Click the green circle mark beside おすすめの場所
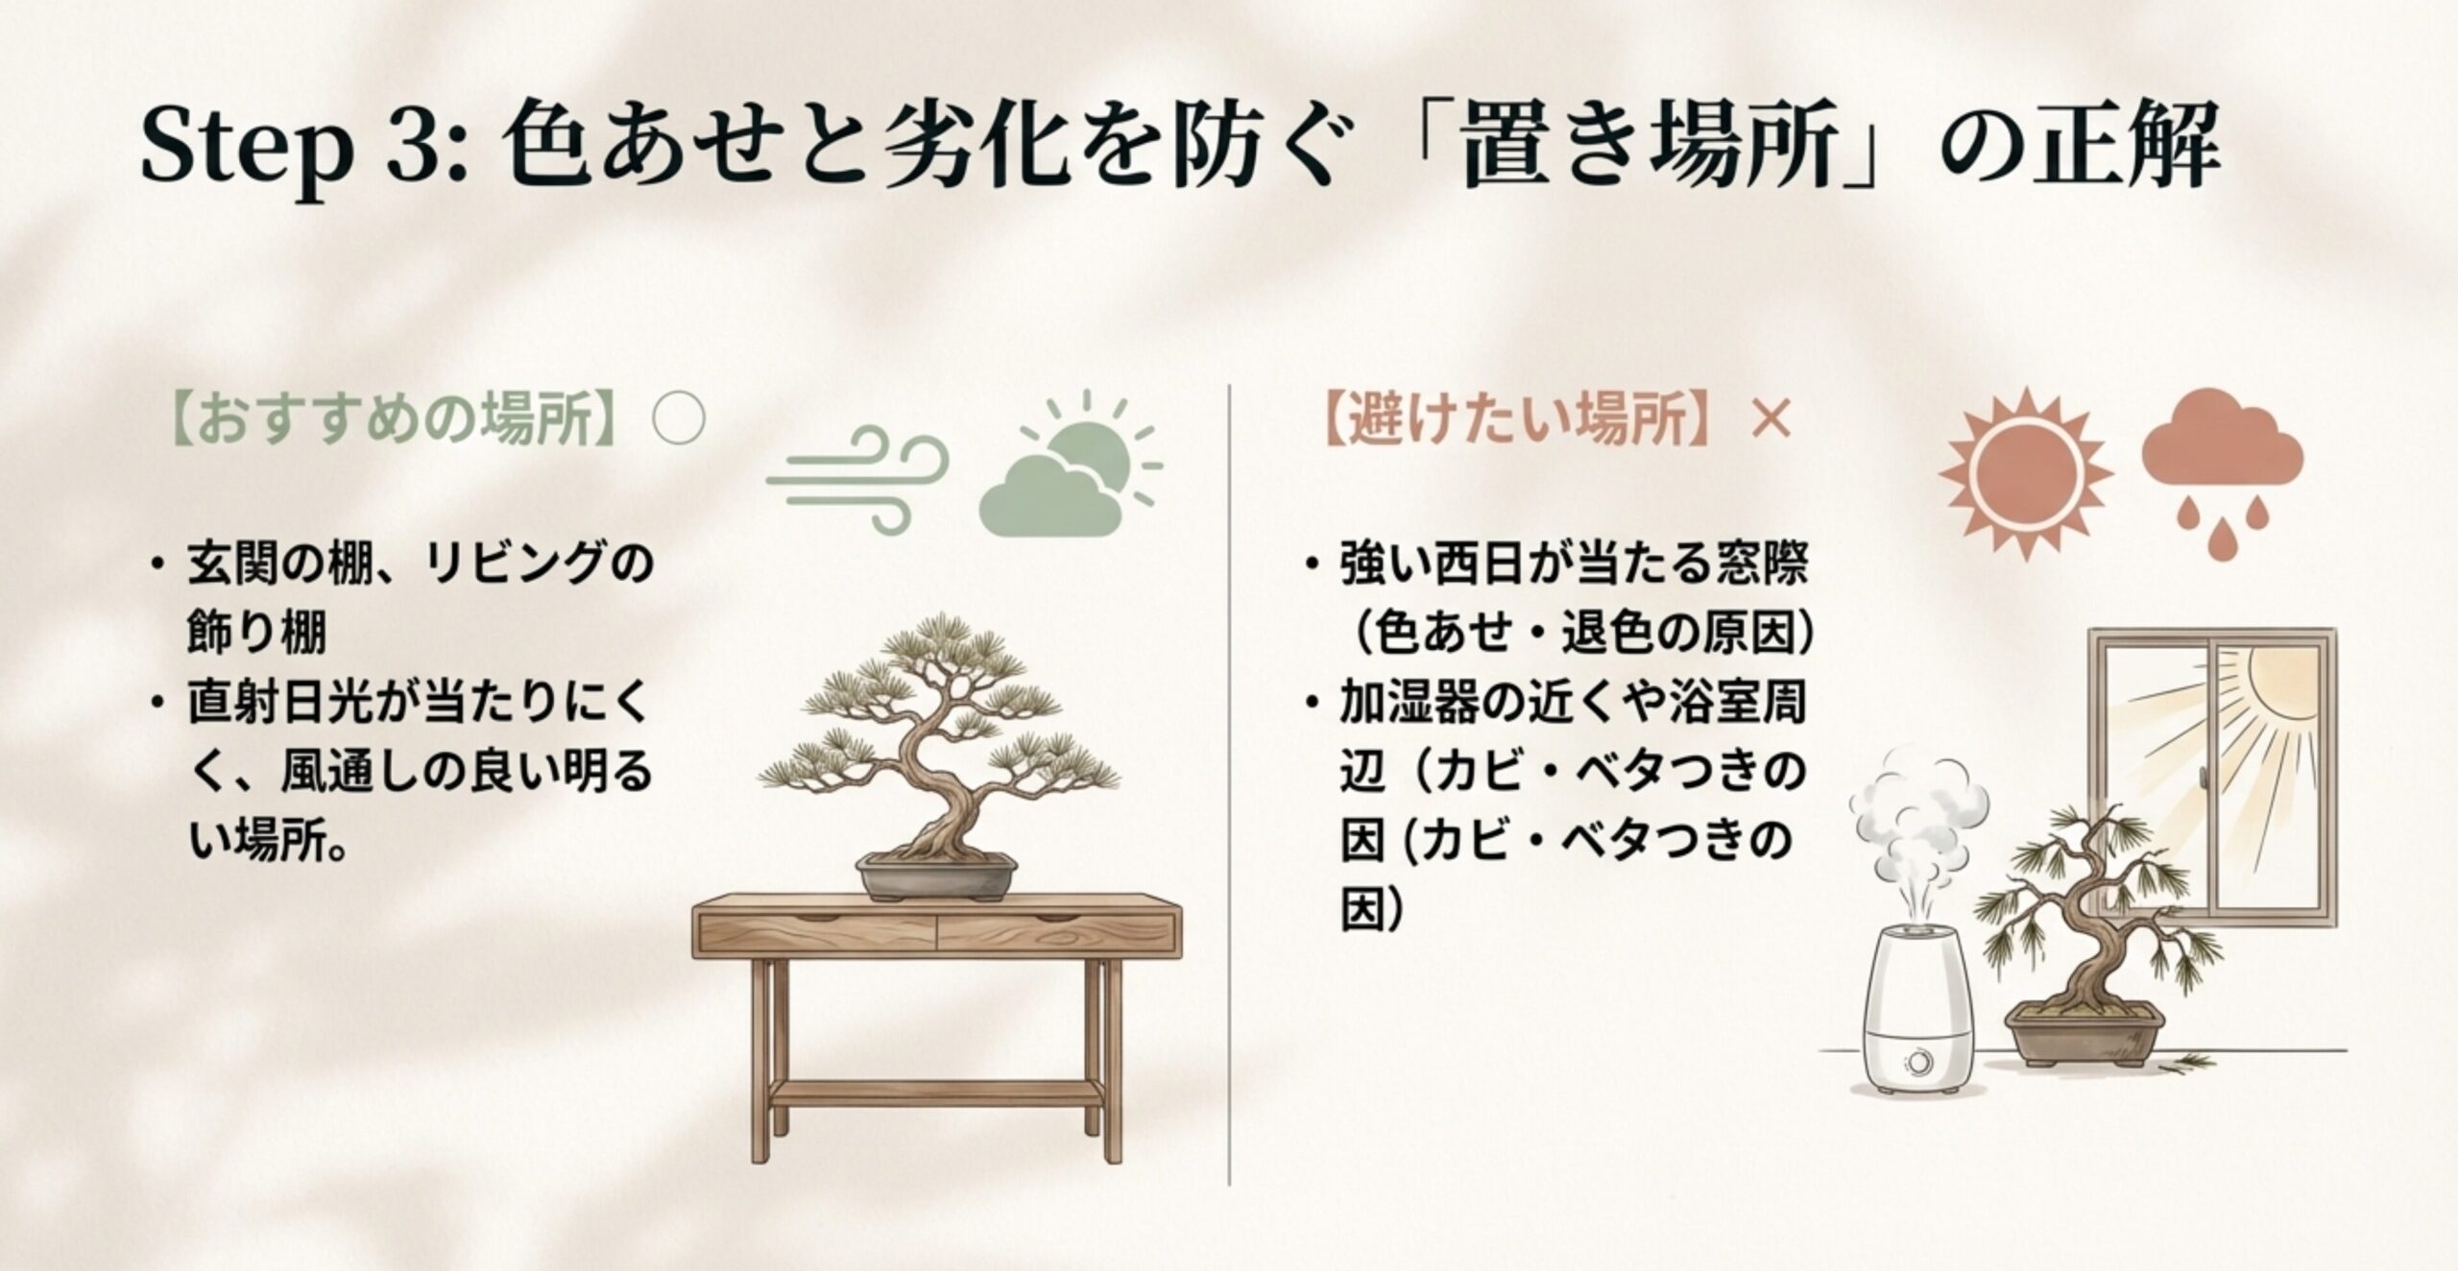[678, 420]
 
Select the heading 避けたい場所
[1518, 420]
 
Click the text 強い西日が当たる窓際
[1573, 564]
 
